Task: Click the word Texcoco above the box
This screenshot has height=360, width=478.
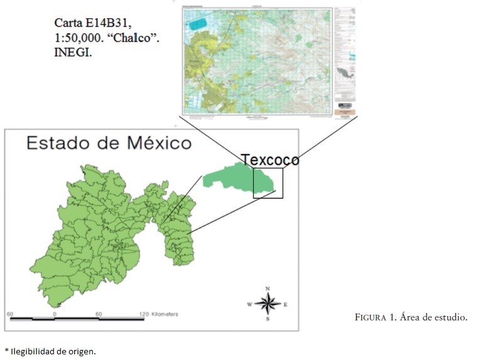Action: click(271, 160)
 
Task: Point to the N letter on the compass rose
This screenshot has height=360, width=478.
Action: click(268, 288)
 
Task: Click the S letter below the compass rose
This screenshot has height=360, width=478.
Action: click(268, 319)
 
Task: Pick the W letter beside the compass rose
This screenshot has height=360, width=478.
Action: click(249, 304)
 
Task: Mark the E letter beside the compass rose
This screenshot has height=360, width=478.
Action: click(286, 304)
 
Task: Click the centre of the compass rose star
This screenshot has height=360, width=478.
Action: click(268, 303)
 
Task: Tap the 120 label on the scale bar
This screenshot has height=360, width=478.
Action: click(144, 314)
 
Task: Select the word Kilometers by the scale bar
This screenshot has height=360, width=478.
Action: click(165, 314)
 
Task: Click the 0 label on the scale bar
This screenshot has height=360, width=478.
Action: click(55, 314)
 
